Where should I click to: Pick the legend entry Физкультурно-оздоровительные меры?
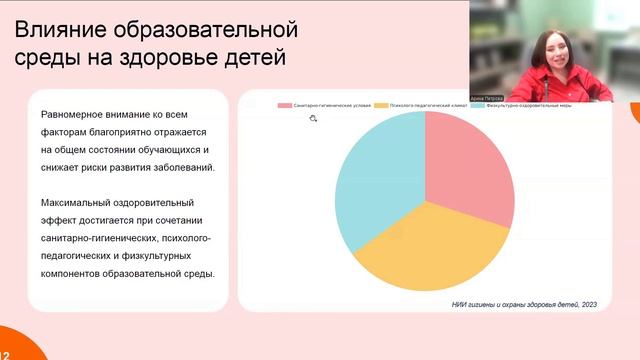point(529,104)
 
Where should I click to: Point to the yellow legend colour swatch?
point(381,104)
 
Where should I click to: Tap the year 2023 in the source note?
point(587,304)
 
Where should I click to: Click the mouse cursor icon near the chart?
point(313,119)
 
